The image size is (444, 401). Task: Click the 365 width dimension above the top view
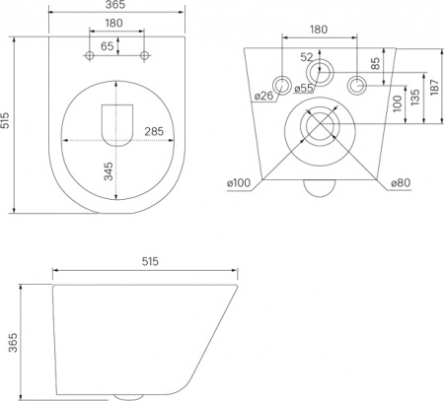tap(117, 8)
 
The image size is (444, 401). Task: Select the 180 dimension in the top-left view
tap(115, 25)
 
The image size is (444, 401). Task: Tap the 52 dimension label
tap(308, 56)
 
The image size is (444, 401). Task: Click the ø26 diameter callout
tap(261, 96)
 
